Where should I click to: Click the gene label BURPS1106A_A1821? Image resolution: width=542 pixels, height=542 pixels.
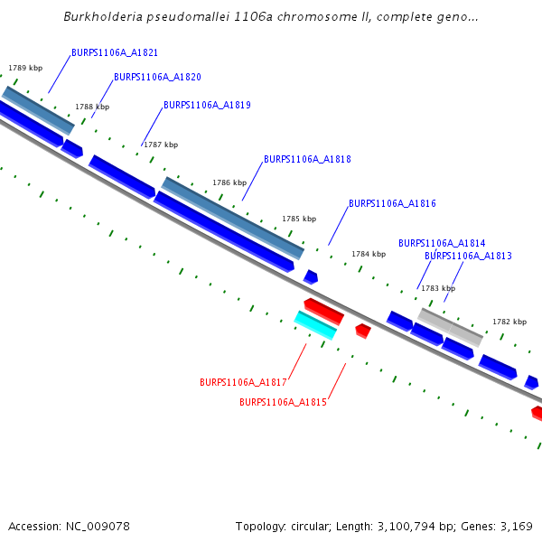tap(115, 53)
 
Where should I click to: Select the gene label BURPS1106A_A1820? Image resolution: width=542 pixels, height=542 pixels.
tap(157, 78)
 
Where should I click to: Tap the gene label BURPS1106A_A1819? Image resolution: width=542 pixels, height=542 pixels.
tap(207, 106)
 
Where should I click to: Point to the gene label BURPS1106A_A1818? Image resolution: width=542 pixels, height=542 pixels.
tap(307, 160)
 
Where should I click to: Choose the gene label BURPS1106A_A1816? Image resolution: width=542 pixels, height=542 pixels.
tap(392, 204)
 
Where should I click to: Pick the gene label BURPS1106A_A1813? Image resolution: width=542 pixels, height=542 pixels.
tap(468, 257)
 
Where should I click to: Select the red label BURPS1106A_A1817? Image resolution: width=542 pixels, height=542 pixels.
tap(243, 383)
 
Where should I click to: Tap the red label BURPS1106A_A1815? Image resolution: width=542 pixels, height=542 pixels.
tap(283, 403)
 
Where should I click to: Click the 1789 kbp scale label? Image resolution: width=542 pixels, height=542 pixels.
tap(25, 68)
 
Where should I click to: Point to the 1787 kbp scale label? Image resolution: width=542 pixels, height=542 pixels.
tap(161, 145)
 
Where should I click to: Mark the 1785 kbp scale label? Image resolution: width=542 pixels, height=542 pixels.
tap(299, 219)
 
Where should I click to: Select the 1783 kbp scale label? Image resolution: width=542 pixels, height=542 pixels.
tap(438, 288)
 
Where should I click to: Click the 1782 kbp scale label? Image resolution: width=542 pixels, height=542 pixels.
tap(509, 322)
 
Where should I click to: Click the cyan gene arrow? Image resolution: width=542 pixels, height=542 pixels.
tap(315, 324)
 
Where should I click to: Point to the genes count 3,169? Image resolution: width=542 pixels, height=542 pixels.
tap(514, 526)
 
